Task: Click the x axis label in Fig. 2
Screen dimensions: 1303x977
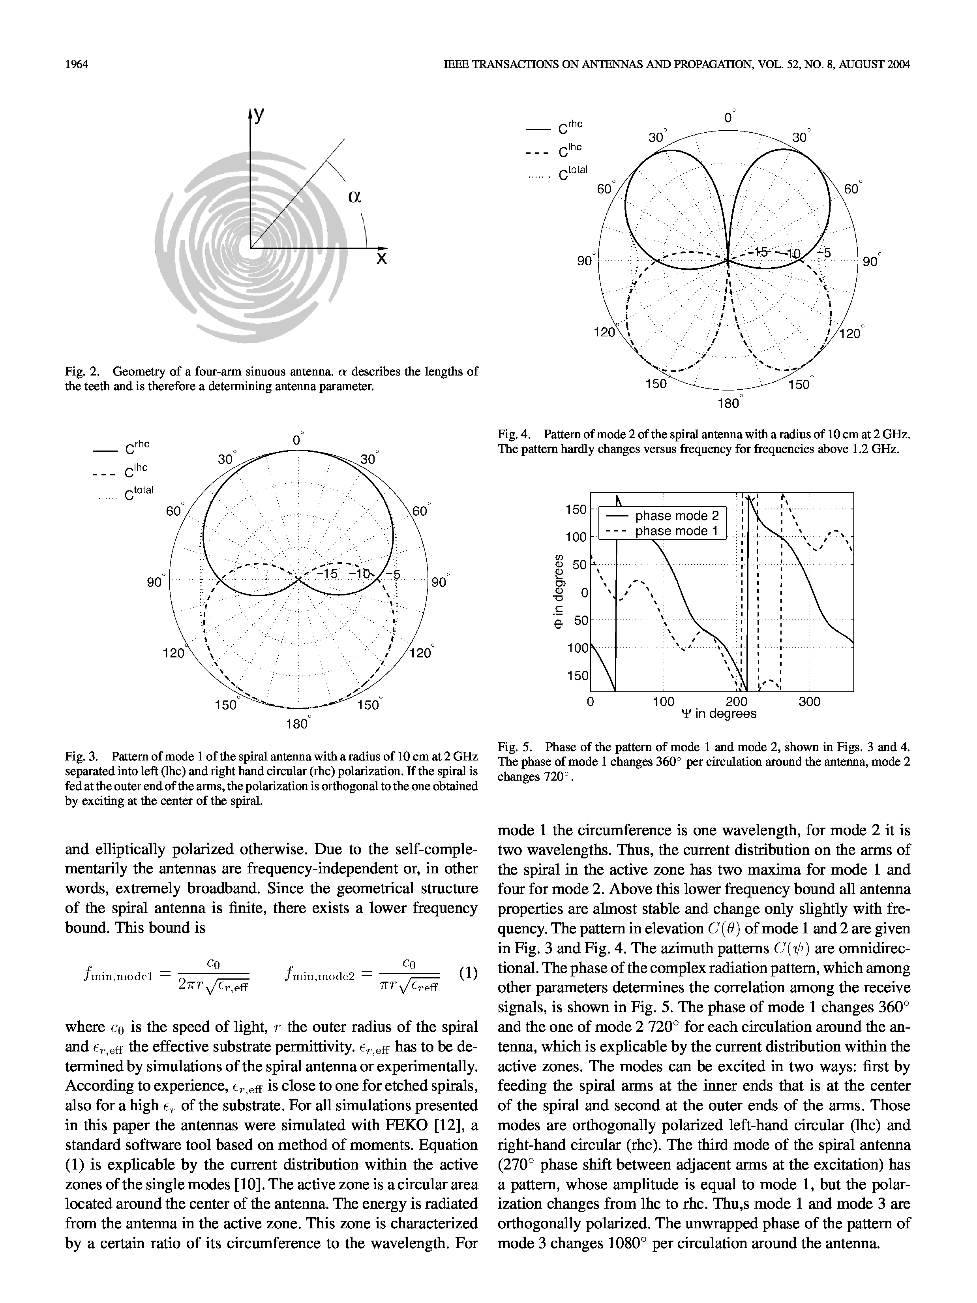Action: click(382, 259)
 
